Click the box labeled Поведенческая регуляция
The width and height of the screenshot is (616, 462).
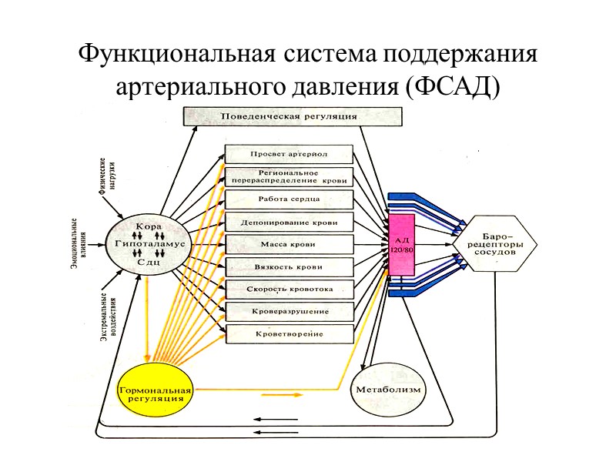click(x=291, y=117)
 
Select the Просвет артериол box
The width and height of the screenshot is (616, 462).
click(x=289, y=153)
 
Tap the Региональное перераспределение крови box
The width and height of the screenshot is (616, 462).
click(x=289, y=176)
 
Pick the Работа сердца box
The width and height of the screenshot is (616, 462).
click(x=289, y=199)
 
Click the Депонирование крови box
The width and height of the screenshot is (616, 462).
click(x=289, y=223)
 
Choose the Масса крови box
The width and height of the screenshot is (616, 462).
click(x=289, y=245)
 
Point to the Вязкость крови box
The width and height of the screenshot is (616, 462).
click(x=289, y=267)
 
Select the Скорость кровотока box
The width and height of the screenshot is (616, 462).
click(x=289, y=290)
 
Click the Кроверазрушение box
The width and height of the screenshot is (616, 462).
click(x=289, y=312)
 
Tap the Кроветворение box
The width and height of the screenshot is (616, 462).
click(x=289, y=334)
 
